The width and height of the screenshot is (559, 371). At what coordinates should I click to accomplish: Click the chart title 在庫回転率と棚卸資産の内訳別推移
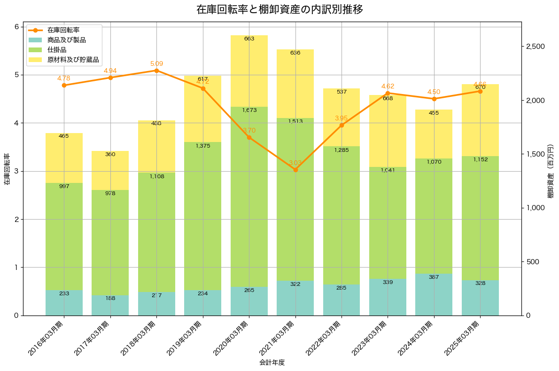[x=279, y=9]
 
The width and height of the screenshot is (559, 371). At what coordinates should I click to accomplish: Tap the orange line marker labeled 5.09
[x=156, y=71]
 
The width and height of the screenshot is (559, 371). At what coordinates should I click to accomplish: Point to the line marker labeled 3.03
[x=295, y=170]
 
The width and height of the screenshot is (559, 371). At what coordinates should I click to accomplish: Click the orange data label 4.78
[x=64, y=78]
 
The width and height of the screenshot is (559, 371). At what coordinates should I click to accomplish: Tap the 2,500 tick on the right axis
[x=535, y=47]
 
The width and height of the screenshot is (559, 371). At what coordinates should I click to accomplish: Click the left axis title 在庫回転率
[x=7, y=169]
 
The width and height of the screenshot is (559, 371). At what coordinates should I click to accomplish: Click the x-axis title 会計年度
[x=272, y=363]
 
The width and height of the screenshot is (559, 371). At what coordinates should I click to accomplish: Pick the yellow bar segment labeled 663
[x=249, y=71]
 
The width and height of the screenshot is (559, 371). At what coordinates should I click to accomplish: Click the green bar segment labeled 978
[x=110, y=242]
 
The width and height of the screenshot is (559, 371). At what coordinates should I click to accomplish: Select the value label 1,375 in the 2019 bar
[x=203, y=146]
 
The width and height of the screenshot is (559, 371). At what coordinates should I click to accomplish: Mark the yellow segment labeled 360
[x=110, y=170]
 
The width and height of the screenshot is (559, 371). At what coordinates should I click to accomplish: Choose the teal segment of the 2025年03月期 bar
[x=480, y=298]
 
